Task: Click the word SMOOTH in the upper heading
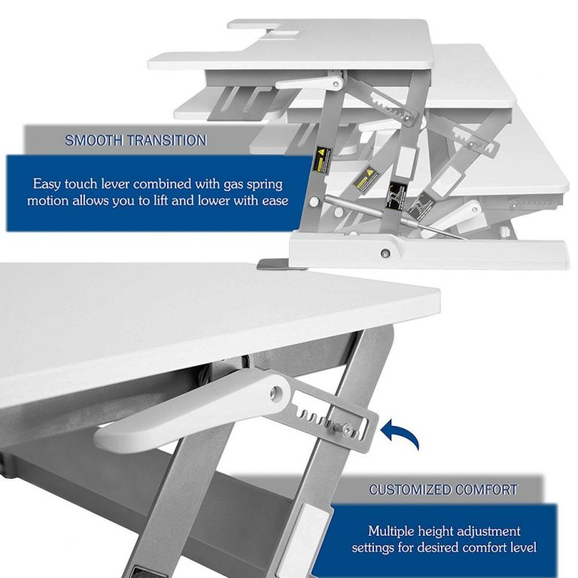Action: (90, 140)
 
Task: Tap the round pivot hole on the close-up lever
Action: (276, 391)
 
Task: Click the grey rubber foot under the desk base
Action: (272, 264)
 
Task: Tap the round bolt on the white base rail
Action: (385, 253)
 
